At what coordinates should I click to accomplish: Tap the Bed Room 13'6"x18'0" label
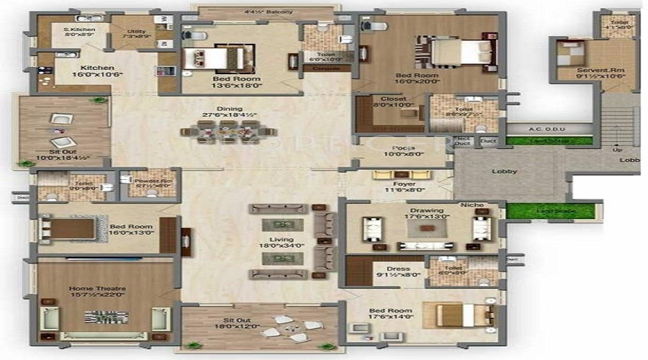coord(232,81)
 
